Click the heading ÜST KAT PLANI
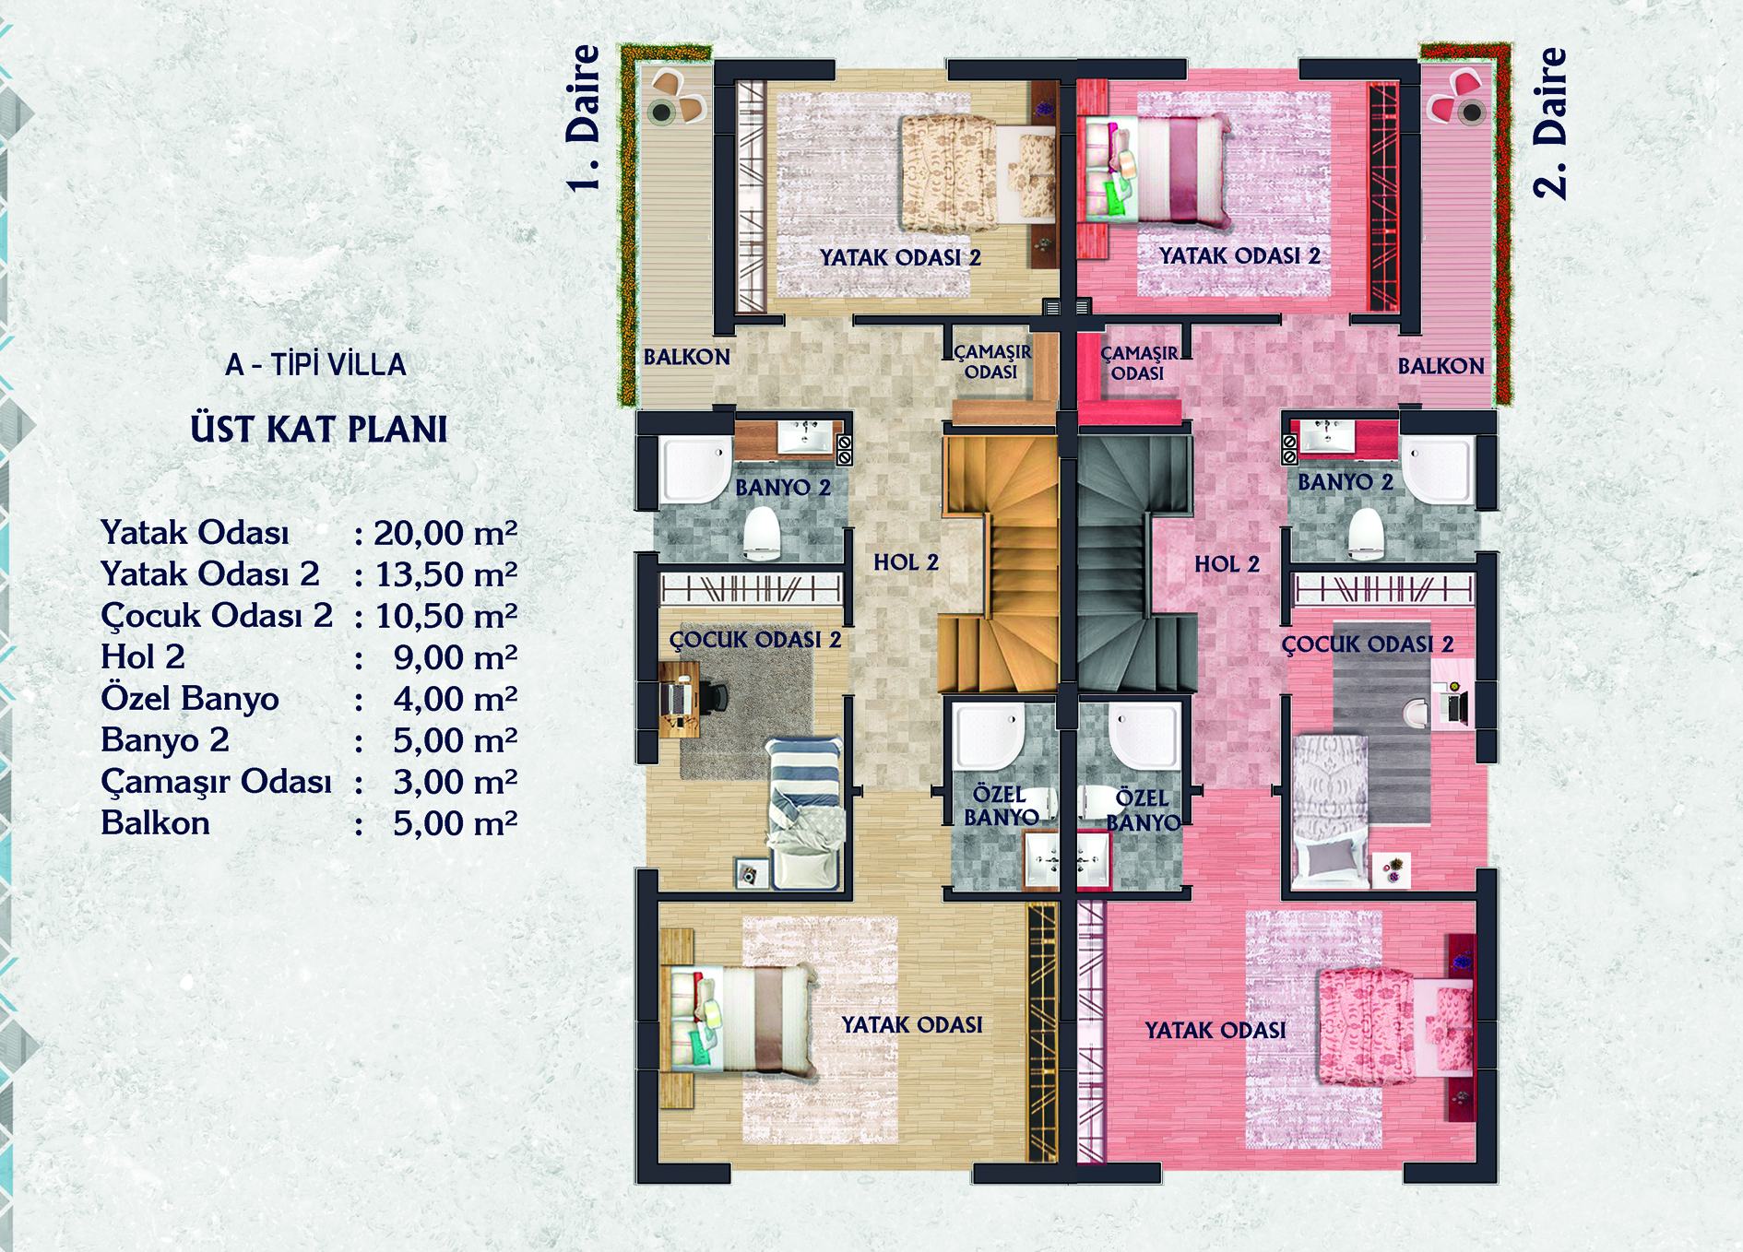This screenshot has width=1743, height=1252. click(319, 430)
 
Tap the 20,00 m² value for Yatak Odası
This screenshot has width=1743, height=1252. click(445, 533)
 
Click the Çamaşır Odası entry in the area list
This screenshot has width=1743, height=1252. click(216, 782)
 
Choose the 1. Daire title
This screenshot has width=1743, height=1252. click(583, 119)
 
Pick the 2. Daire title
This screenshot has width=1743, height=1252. click(1549, 123)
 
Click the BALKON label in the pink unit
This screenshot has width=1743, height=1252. click(1441, 366)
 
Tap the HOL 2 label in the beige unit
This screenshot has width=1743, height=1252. click(906, 561)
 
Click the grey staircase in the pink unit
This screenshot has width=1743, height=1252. click(1136, 562)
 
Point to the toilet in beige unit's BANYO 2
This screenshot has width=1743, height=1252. click(763, 534)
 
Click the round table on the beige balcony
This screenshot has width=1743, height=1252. click(660, 113)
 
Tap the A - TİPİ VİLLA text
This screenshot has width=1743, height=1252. click(315, 365)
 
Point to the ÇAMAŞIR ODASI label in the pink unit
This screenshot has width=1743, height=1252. click(1139, 363)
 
